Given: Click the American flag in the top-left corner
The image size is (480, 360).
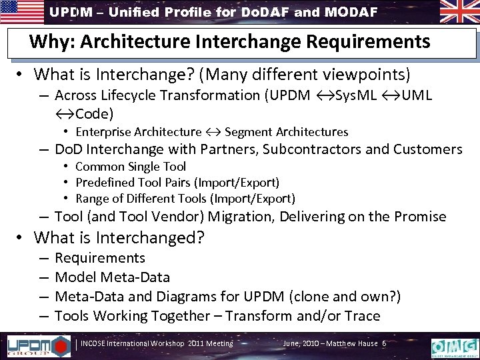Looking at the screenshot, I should (x=21, y=11).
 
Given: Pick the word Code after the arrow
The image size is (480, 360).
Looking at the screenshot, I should (x=96, y=113).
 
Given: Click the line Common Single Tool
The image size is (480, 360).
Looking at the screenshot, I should (x=131, y=167).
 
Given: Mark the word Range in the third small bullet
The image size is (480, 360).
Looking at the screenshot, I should (x=91, y=199).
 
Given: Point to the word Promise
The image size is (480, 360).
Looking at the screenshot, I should (x=423, y=217).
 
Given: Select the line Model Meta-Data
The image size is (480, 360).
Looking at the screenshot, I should (x=112, y=277).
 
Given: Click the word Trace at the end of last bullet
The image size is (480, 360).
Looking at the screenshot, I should (x=363, y=315).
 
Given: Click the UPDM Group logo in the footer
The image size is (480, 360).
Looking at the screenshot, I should (x=39, y=345).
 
